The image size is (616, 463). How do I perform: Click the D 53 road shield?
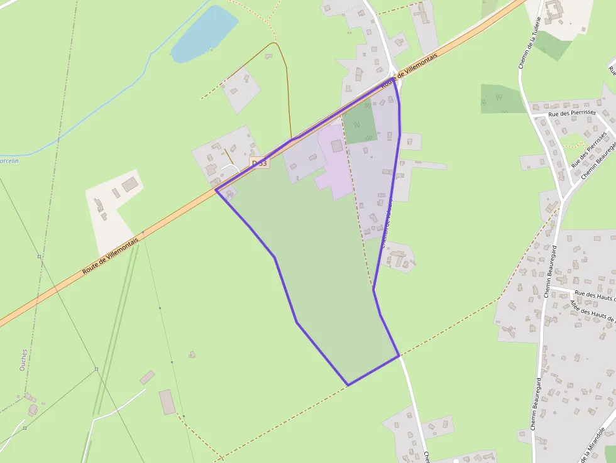(259, 163)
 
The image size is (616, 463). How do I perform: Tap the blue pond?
(203, 34)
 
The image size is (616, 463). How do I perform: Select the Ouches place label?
(23, 360)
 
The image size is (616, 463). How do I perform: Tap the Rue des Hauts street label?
(595, 294)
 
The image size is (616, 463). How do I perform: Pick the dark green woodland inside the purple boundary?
(361, 121)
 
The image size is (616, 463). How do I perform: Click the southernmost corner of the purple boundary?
(348, 384)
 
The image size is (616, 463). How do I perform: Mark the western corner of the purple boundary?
(216, 190)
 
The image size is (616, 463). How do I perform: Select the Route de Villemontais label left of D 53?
(110, 251)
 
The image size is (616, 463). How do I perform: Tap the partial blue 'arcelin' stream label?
(9, 161)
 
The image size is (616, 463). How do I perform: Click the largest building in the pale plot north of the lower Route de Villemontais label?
(130, 185)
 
